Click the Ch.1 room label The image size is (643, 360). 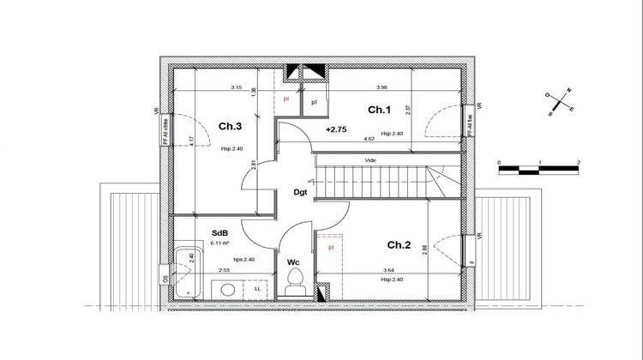coord(379,110)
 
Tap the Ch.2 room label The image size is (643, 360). coord(399,245)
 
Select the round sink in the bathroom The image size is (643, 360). coord(228,290)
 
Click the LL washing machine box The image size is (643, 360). coord(257,289)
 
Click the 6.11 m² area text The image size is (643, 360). coord(221,243)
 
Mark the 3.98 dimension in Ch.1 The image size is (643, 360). coord(382,87)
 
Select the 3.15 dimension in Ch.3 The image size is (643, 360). coord(236,87)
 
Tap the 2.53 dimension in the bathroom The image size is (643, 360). coord(223,271)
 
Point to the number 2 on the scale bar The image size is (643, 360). coord(579,161)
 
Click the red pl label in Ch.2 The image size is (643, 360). coord(331,248)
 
